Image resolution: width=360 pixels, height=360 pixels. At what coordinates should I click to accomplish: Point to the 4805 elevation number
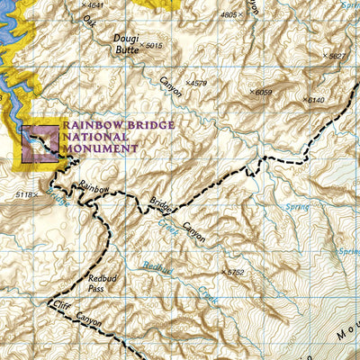231,15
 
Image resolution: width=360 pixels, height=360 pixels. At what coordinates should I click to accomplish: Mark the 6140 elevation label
314,100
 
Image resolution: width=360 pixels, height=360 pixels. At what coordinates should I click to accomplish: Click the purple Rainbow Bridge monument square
40,144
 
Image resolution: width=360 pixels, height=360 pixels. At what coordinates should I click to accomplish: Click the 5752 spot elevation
234,272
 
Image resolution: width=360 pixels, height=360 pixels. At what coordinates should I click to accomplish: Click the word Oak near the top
88,19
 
